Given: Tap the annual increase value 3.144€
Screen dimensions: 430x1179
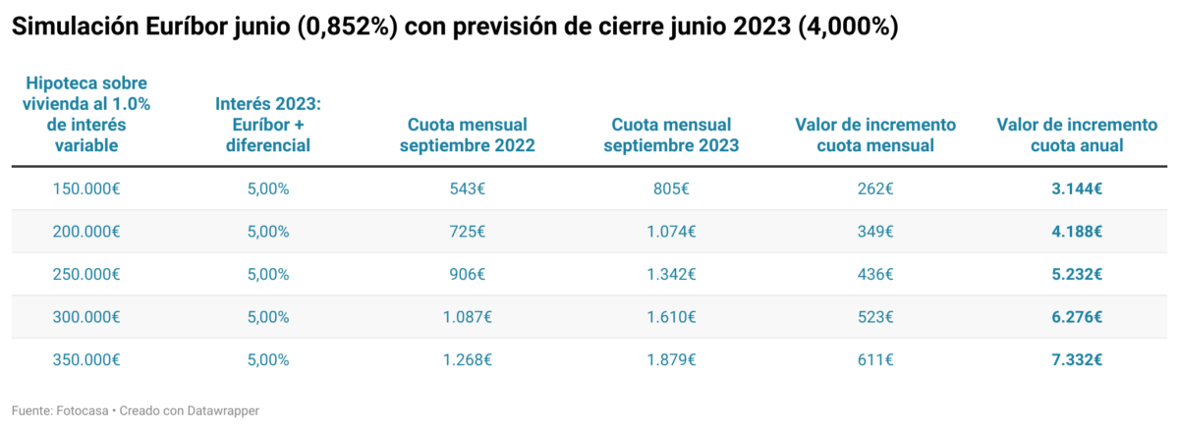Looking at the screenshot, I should tap(1077, 188).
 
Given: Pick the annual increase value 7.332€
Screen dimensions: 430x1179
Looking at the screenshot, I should tap(1077, 359).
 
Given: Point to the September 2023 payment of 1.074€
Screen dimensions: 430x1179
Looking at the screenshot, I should tap(671, 232).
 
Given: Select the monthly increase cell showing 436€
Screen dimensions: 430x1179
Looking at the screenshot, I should tap(874, 274).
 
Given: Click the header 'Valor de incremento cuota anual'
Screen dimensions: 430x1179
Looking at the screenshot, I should tap(1077, 135).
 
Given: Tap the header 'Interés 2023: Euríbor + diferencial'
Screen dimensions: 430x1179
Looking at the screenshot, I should tap(268, 125).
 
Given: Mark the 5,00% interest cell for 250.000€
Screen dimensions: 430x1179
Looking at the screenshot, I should tap(268, 274).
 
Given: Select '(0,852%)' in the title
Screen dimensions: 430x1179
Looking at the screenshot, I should tap(346, 27).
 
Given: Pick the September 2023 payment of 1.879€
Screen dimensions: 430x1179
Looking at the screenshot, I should tap(671, 359).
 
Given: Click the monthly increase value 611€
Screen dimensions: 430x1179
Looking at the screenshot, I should tap(874, 359).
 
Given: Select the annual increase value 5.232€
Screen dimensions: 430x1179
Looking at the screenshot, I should tap(1077, 274).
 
